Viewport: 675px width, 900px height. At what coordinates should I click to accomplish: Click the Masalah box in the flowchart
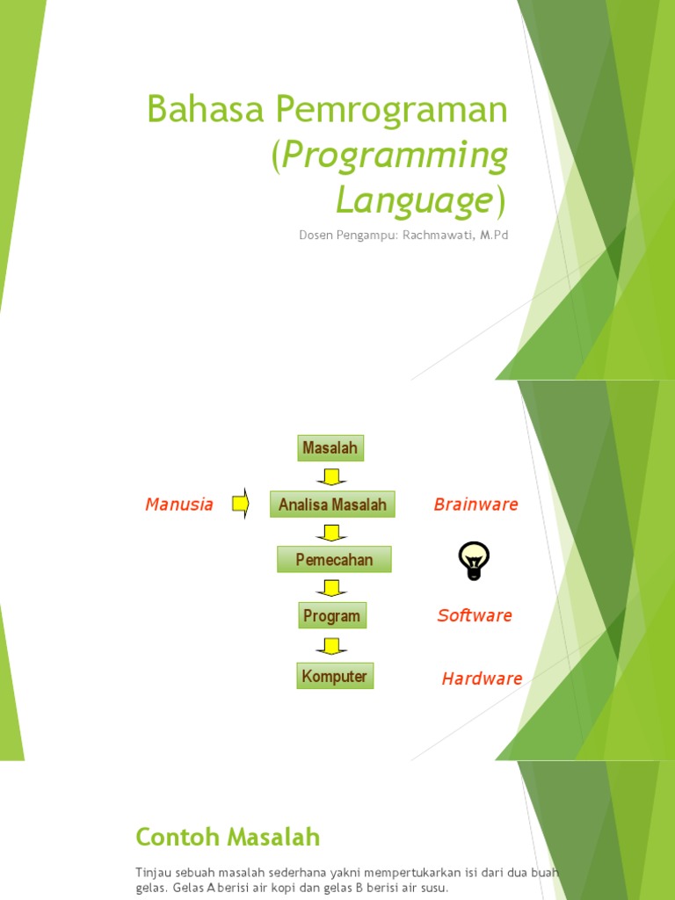click(330, 448)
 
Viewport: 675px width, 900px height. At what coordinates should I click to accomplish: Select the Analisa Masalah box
click(332, 504)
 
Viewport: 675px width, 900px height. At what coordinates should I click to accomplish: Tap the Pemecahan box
click(334, 560)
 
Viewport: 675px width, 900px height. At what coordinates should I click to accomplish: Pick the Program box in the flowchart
click(332, 616)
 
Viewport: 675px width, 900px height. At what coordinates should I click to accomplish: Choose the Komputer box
click(335, 676)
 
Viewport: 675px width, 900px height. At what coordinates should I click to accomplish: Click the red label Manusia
click(179, 504)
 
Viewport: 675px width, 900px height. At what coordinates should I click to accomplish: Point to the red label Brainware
click(475, 504)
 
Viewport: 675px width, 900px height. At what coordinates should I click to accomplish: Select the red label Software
click(475, 615)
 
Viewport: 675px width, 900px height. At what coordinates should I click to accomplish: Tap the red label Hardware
click(482, 679)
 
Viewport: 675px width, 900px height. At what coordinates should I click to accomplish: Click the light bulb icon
click(474, 560)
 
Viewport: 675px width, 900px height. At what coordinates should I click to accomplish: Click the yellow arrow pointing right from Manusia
click(240, 504)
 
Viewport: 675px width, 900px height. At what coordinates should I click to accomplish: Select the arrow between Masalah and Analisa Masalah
click(331, 476)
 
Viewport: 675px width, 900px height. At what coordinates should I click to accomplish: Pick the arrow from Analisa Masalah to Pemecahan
click(331, 533)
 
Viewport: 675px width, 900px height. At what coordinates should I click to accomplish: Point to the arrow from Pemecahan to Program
click(331, 588)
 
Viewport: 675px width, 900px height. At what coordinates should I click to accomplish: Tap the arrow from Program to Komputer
click(331, 646)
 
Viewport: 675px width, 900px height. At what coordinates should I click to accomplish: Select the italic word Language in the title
click(413, 200)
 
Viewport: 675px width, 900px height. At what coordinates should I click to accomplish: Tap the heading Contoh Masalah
click(228, 837)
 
